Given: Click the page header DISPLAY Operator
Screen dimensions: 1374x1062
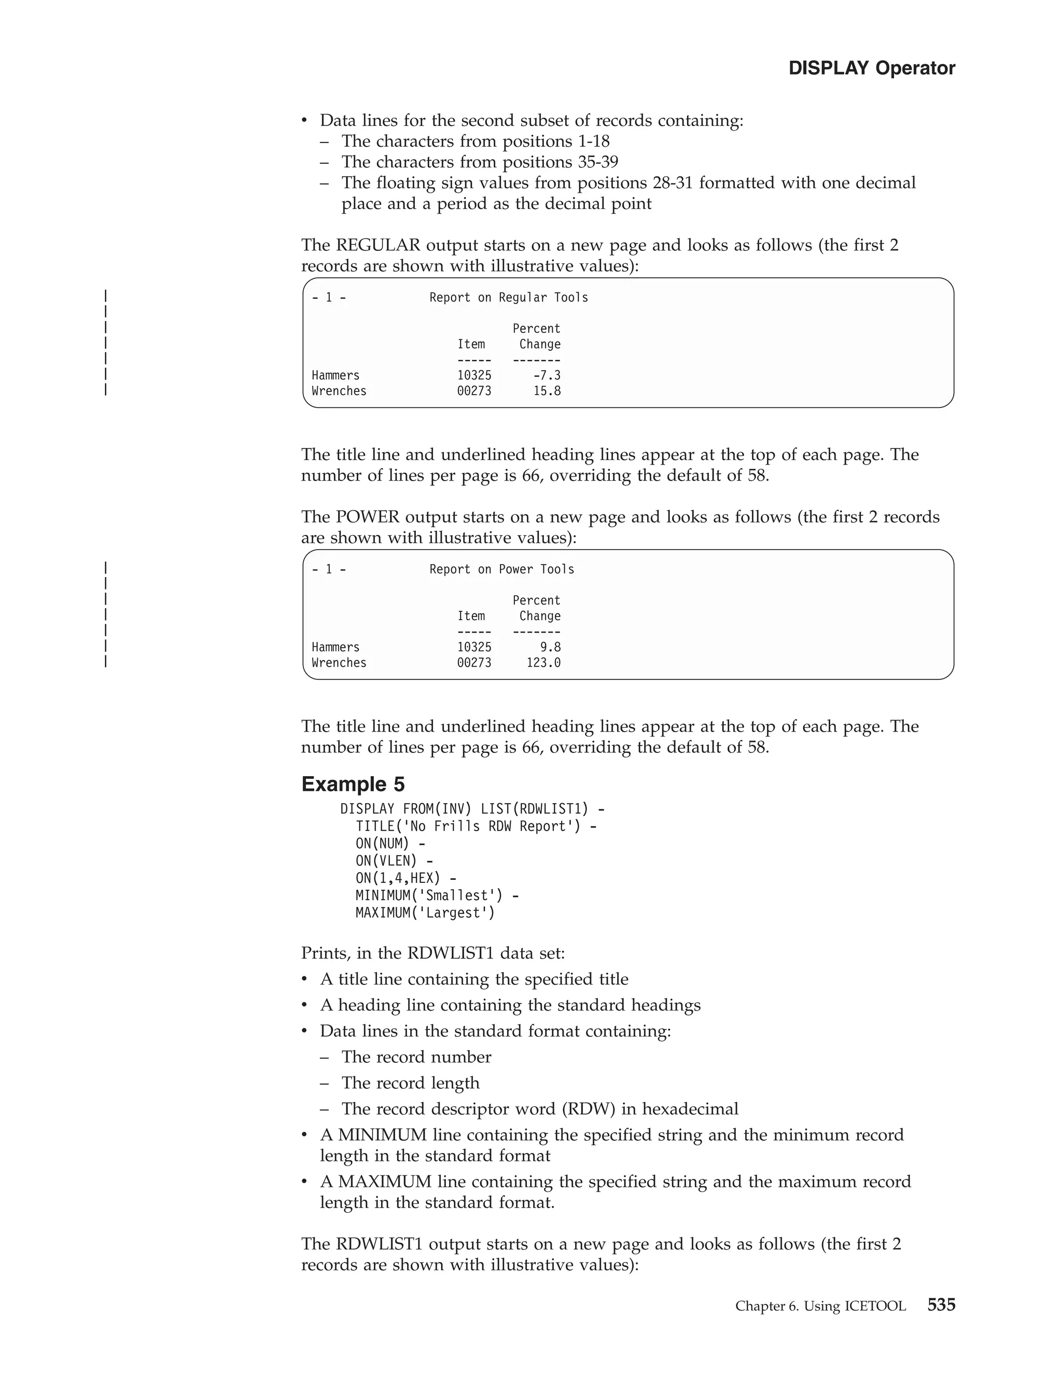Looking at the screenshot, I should click(871, 68).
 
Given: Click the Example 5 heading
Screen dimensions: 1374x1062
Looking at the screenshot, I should click(353, 784).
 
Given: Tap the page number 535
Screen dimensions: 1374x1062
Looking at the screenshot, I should click(941, 1305).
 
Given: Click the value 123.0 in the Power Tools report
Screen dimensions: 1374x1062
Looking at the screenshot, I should click(543, 663).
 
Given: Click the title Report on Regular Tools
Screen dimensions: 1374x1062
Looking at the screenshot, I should click(508, 298).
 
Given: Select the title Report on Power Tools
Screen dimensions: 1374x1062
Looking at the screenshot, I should click(501, 569).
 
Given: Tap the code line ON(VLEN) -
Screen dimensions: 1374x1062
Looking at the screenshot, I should click(394, 861).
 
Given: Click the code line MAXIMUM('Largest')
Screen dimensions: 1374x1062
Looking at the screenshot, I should click(425, 913).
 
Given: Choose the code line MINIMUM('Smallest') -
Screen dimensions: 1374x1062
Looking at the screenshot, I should click(437, 895).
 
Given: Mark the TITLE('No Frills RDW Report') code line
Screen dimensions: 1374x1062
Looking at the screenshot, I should click(476, 826).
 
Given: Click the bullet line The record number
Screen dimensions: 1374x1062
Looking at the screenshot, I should click(416, 1057).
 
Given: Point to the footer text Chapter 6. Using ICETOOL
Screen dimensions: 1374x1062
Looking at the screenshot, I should click(820, 1306).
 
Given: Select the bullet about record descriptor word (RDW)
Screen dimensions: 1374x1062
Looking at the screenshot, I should click(539, 1109).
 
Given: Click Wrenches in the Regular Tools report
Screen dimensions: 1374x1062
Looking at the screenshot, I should click(339, 391).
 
